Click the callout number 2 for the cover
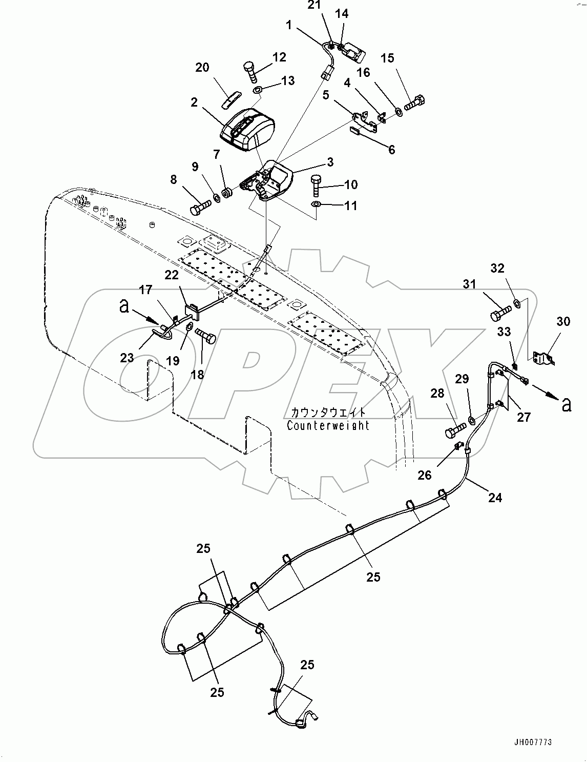click(x=194, y=102)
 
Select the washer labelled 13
click(x=258, y=91)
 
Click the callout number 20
click(x=202, y=67)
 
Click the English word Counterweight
click(x=328, y=425)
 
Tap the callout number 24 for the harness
click(x=495, y=497)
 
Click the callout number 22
click(x=171, y=275)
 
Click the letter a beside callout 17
click(x=123, y=307)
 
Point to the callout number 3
click(x=330, y=162)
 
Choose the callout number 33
click(x=504, y=332)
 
